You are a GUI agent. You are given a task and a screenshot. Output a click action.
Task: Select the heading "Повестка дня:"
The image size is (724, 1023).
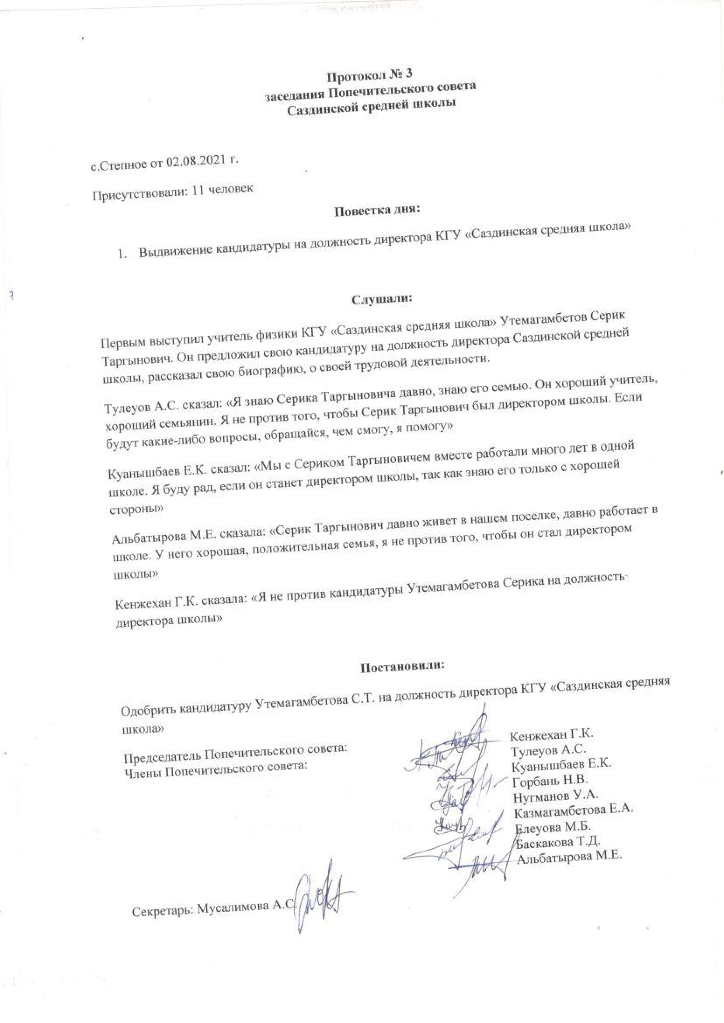[x=377, y=209]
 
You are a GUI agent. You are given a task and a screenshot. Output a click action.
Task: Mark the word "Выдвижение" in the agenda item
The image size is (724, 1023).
[x=174, y=251]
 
